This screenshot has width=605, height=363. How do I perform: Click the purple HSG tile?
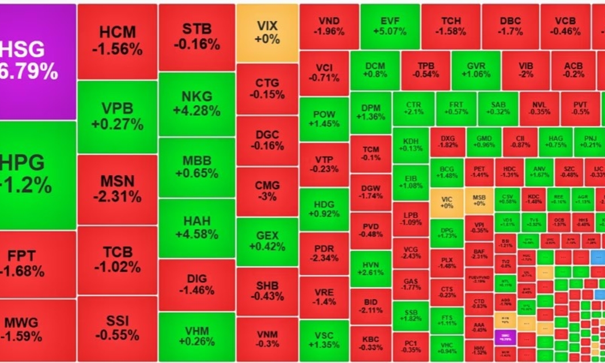37,61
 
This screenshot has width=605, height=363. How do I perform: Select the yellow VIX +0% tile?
267,32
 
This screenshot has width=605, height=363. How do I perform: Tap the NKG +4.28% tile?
197,104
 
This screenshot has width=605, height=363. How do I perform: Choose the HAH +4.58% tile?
197,227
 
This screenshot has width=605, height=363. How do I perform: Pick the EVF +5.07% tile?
390,27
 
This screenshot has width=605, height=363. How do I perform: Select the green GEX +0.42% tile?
267,241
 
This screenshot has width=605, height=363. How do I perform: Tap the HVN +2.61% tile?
370,269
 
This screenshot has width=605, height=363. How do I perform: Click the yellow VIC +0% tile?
447,202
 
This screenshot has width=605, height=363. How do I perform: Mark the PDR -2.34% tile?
324,253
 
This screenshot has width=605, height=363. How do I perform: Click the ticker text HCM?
118,32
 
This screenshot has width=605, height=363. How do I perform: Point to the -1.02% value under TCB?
118,267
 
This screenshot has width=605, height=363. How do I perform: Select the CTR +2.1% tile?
414,108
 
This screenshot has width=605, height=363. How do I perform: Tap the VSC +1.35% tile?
324,341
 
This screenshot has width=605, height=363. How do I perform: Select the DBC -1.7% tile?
511,27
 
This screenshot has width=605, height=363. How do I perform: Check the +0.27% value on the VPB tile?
118,124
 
